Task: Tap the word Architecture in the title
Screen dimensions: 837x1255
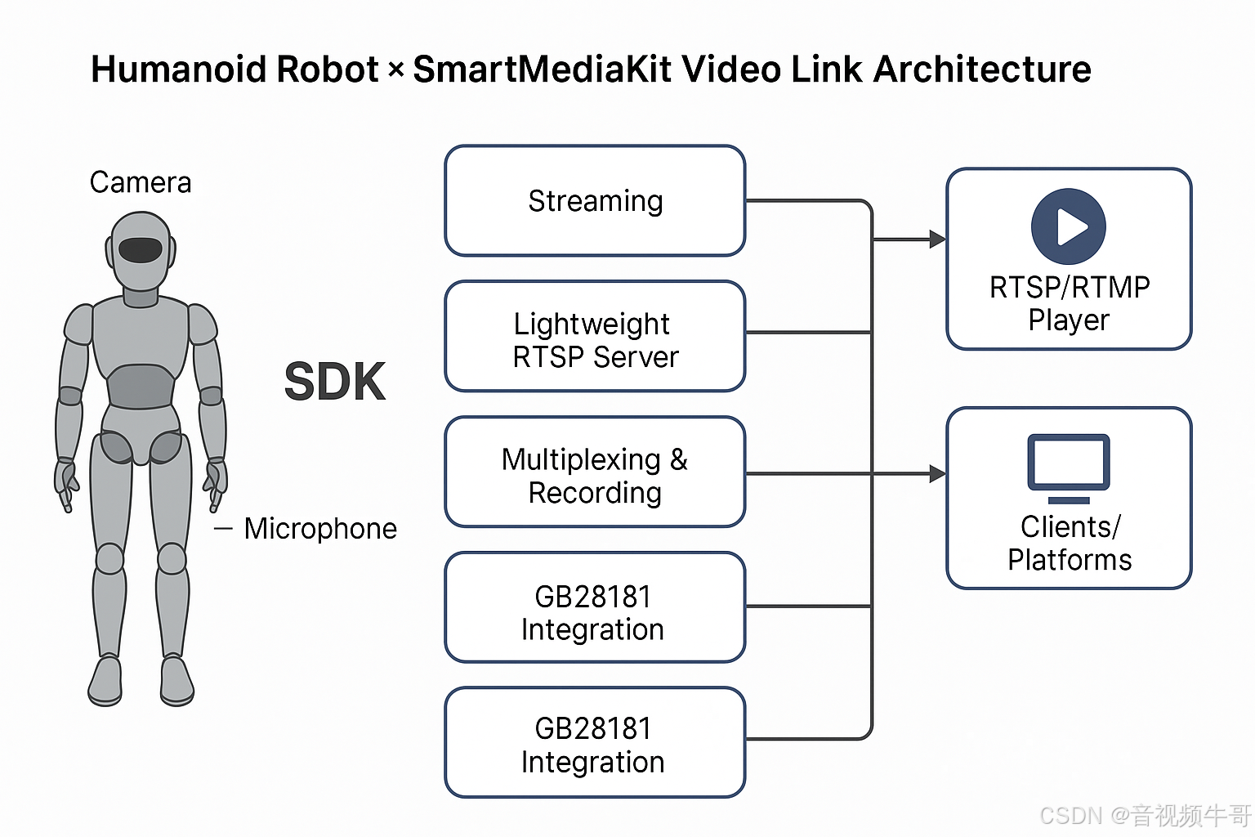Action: pyautogui.click(x=982, y=69)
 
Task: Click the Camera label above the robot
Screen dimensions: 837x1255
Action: pyautogui.click(x=141, y=182)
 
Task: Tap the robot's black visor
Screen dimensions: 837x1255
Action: pyautogui.click(x=141, y=249)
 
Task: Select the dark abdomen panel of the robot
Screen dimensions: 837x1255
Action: pyautogui.click(x=141, y=387)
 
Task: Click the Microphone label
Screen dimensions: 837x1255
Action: pyautogui.click(x=320, y=529)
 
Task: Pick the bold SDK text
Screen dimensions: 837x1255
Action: pyautogui.click(x=334, y=382)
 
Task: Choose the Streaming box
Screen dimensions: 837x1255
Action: pyautogui.click(x=595, y=201)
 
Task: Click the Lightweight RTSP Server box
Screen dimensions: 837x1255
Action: pyautogui.click(x=595, y=337)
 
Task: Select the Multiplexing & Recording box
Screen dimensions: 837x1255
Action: pyautogui.click(x=595, y=472)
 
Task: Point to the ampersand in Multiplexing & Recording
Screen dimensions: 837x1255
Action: pyautogui.click(x=679, y=459)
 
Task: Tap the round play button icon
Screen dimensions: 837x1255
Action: pyautogui.click(x=1068, y=226)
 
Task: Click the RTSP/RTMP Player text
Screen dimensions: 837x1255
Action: pyautogui.click(x=1069, y=303)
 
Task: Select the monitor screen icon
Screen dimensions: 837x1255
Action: pyautogui.click(x=1068, y=463)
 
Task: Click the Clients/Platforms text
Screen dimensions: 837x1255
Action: pyautogui.click(x=1069, y=543)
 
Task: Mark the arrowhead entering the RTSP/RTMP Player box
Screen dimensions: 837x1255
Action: pyautogui.click(x=938, y=239)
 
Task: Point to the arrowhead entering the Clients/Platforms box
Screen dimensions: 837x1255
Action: pyautogui.click(x=938, y=473)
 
